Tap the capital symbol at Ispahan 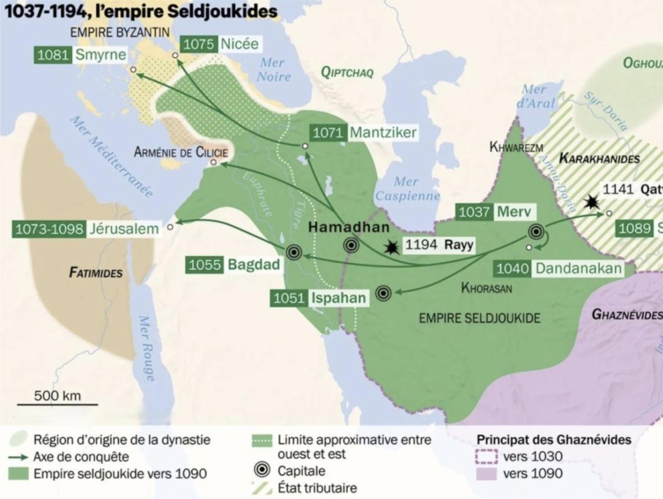coord(383,293)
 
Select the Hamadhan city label coord(349,227)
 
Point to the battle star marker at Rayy coord(392,247)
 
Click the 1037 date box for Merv coord(473,212)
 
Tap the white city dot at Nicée coord(175,55)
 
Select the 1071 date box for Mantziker coord(328,133)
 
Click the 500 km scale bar coord(57,405)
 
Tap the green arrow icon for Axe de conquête coord(19,457)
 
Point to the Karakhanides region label coord(599,159)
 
